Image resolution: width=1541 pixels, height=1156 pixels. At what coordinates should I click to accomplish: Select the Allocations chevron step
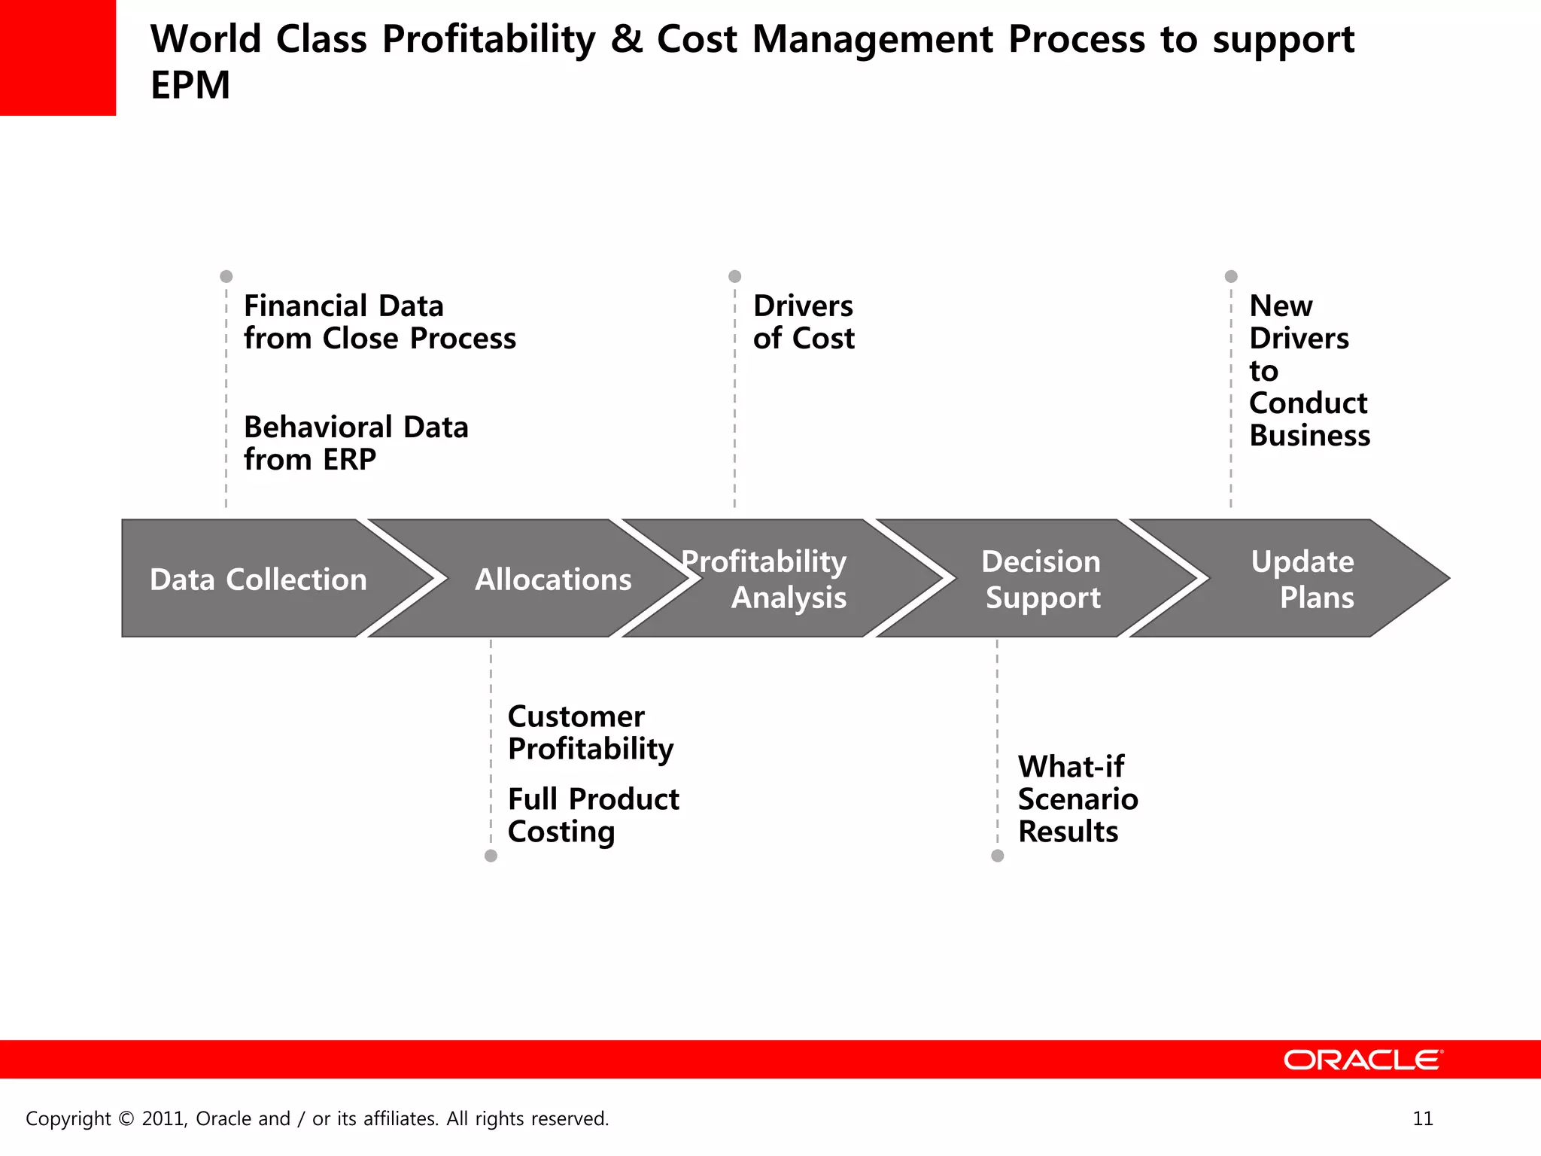click(x=553, y=579)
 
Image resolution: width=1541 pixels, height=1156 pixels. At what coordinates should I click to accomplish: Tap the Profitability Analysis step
click(x=775, y=579)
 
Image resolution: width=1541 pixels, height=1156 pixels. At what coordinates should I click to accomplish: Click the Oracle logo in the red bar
click(x=1363, y=1060)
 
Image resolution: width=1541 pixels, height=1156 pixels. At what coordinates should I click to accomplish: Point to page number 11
click(x=1423, y=1118)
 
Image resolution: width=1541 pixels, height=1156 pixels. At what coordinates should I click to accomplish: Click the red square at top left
click(x=57, y=57)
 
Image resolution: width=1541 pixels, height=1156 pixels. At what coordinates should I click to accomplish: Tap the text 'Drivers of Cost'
click(x=804, y=322)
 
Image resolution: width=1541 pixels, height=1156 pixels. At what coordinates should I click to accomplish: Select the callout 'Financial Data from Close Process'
click(x=379, y=322)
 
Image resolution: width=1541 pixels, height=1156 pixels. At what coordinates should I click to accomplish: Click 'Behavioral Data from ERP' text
click(x=356, y=443)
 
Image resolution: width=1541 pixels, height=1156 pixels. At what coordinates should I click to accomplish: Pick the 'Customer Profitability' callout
click(x=590, y=732)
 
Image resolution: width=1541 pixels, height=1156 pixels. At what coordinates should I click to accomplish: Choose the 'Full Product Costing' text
click(x=593, y=815)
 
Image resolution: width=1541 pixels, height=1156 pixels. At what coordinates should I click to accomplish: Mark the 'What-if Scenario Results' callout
click(x=1077, y=799)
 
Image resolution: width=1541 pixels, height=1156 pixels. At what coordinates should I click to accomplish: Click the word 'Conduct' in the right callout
click(x=1308, y=403)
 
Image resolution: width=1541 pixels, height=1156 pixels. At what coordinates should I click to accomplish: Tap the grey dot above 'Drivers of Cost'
click(x=735, y=276)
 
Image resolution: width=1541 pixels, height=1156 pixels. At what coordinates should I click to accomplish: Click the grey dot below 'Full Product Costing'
click(x=491, y=856)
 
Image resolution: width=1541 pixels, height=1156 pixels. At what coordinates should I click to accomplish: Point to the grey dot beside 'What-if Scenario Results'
click(x=998, y=856)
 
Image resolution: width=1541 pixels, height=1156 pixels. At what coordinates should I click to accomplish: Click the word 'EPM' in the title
click(x=190, y=85)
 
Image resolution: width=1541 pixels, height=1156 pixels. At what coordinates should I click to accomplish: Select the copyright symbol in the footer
click(x=126, y=1119)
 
